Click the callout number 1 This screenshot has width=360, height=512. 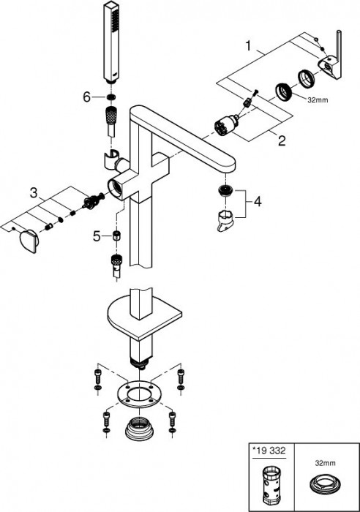pos(249,45)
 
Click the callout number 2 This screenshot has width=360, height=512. pos(282,140)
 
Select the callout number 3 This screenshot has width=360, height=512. pos(34,192)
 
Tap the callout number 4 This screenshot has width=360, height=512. pos(258,201)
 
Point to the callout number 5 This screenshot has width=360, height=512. pos(97,236)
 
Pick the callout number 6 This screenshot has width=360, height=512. pos(86,97)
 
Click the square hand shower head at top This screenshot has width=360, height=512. pos(111,42)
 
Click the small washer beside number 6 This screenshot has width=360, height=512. pos(111,97)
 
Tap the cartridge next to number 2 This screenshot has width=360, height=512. pos(225,125)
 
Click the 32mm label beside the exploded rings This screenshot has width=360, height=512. pos(318,101)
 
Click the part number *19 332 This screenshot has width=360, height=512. pos(269,451)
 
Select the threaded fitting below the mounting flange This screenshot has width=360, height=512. pos(139,426)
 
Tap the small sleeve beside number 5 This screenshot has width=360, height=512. pos(116,235)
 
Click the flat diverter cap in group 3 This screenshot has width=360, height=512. pos(30,241)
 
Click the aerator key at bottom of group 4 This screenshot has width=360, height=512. pos(228,220)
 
